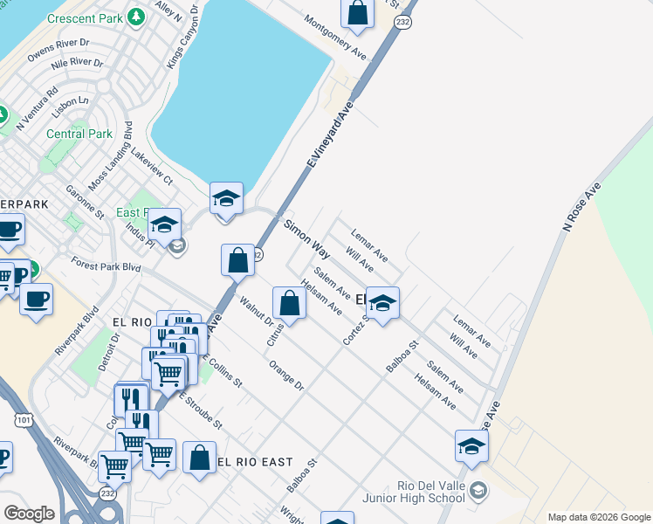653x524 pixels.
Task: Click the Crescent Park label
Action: pos(86,17)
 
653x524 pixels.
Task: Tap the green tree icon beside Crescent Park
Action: pos(135,17)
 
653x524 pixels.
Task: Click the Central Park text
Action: pos(79,134)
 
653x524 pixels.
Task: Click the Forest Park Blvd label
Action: pos(107,265)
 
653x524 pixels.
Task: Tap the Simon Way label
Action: pos(306,239)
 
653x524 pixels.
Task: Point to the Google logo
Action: pos(29,513)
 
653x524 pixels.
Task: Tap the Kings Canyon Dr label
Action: pos(182,41)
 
